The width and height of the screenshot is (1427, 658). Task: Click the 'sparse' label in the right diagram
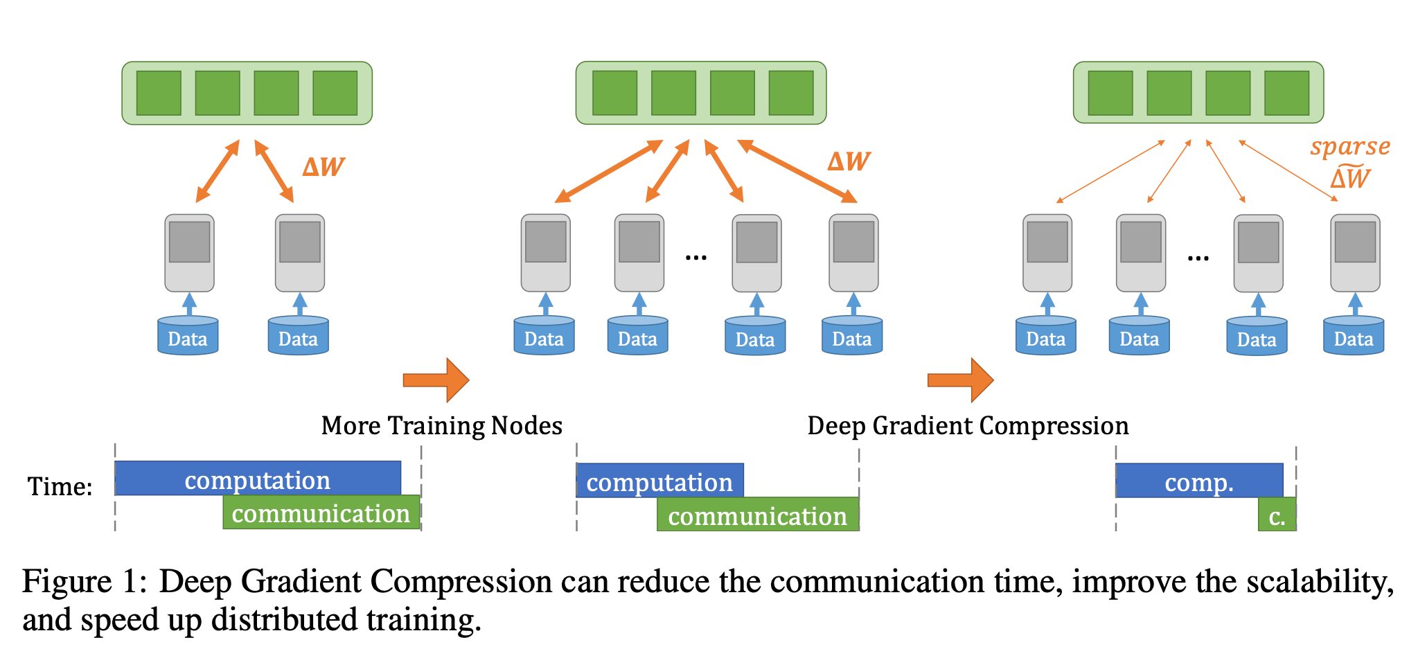point(1349,147)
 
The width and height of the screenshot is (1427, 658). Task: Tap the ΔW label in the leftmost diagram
point(323,167)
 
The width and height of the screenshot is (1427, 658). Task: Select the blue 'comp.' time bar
point(1199,481)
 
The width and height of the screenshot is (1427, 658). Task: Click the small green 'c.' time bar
point(1277,516)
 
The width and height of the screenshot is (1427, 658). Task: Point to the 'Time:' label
point(60,486)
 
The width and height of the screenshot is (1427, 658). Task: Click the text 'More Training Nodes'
point(441,425)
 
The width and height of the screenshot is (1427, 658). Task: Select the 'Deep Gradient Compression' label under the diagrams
point(968,425)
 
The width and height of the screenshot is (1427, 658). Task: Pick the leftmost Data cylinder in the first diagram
point(188,337)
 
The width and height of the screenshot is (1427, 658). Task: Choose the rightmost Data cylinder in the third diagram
point(1353,337)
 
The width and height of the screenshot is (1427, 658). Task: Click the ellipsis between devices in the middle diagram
point(695,258)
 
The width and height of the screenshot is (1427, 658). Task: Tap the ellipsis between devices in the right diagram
point(1198,258)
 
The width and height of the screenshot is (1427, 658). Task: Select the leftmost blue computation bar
point(258,479)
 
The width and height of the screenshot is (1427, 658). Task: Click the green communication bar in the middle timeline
point(757,515)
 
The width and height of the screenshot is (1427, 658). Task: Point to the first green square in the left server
point(159,93)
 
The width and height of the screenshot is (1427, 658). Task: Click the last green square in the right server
point(1286,93)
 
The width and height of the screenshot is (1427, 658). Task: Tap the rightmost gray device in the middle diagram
point(853,253)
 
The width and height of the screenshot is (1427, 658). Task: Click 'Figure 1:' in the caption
point(84,582)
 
